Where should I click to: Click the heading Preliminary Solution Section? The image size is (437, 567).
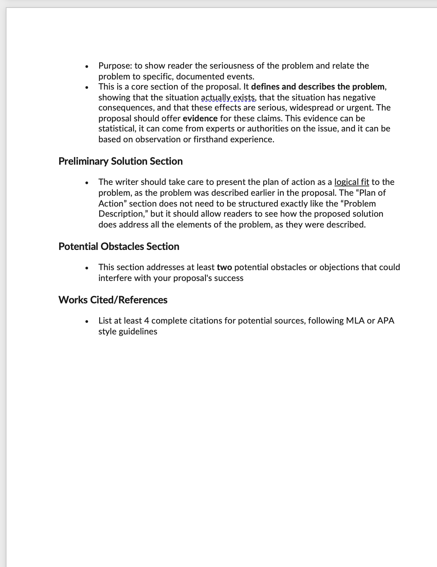120,161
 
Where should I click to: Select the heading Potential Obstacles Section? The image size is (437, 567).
119,246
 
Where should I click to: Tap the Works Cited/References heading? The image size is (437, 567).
113,300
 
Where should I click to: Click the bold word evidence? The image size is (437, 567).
200,118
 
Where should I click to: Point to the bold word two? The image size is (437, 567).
224,267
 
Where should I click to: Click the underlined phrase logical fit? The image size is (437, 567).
352,182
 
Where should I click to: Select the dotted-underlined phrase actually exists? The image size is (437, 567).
228,98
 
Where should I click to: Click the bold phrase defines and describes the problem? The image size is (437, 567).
318,87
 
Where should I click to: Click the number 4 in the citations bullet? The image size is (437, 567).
146,321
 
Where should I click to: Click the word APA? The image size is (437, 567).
385,321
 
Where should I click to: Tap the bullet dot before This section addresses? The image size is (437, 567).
87,268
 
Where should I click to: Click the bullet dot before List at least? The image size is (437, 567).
87,321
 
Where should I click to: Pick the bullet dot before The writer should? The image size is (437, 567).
87,183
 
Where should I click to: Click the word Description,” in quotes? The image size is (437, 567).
123,214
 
